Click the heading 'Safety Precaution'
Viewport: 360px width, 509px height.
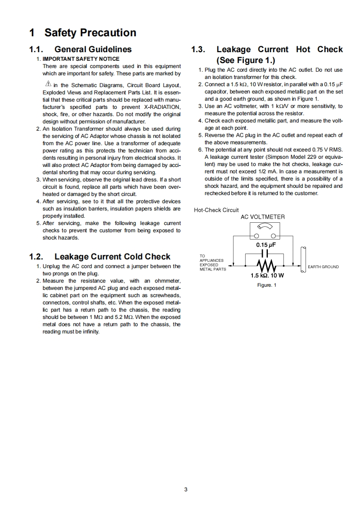[90, 33]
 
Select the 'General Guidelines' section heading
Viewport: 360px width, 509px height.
[93, 49]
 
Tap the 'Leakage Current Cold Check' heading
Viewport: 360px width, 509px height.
[112, 257]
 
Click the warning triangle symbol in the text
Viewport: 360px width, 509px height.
[48, 84]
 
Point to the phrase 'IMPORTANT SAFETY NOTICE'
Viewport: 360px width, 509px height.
[81, 59]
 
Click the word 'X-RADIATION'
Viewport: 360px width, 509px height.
[163, 107]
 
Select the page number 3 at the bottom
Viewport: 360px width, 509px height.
[186, 489]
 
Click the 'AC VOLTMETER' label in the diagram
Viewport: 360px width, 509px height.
[262, 217]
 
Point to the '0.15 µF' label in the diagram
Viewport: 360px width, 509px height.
[266, 245]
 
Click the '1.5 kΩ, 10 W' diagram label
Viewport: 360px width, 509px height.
[267, 275]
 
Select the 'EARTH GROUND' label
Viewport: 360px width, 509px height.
[323, 267]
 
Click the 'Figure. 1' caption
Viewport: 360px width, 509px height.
[266, 285]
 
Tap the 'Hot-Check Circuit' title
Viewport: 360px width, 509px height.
[216, 210]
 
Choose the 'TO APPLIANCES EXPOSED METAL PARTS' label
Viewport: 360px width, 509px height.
[212, 263]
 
